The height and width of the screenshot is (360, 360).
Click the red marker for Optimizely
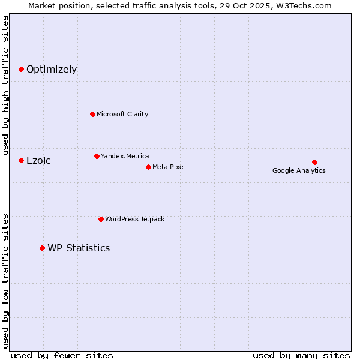coord(21,70)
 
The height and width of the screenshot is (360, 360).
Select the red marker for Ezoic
coord(21,160)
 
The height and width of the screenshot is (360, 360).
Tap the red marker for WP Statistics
coord(42,248)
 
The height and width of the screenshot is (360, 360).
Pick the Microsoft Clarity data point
coord(92,114)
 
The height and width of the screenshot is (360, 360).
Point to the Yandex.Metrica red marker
coord(97,156)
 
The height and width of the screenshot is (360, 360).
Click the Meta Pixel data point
coord(148,167)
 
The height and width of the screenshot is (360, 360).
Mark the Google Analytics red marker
coord(314,162)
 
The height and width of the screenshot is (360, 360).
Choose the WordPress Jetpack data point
coord(101,219)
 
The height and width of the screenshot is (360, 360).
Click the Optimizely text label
coord(52,70)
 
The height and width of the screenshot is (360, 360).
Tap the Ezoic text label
coord(38,161)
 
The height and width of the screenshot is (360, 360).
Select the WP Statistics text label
coord(79,248)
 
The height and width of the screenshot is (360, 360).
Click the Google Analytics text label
coord(299,170)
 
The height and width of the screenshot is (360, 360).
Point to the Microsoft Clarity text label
coord(122,114)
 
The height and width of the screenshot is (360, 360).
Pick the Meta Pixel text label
coord(169,167)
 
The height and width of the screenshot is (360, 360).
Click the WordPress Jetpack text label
coord(134,219)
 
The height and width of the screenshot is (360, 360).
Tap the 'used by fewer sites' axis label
coord(62,355)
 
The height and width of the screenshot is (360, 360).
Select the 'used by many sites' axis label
coord(301,355)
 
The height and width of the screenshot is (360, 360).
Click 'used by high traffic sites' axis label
coord(5,85)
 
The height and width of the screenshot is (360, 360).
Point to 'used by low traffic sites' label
coord(5,280)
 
